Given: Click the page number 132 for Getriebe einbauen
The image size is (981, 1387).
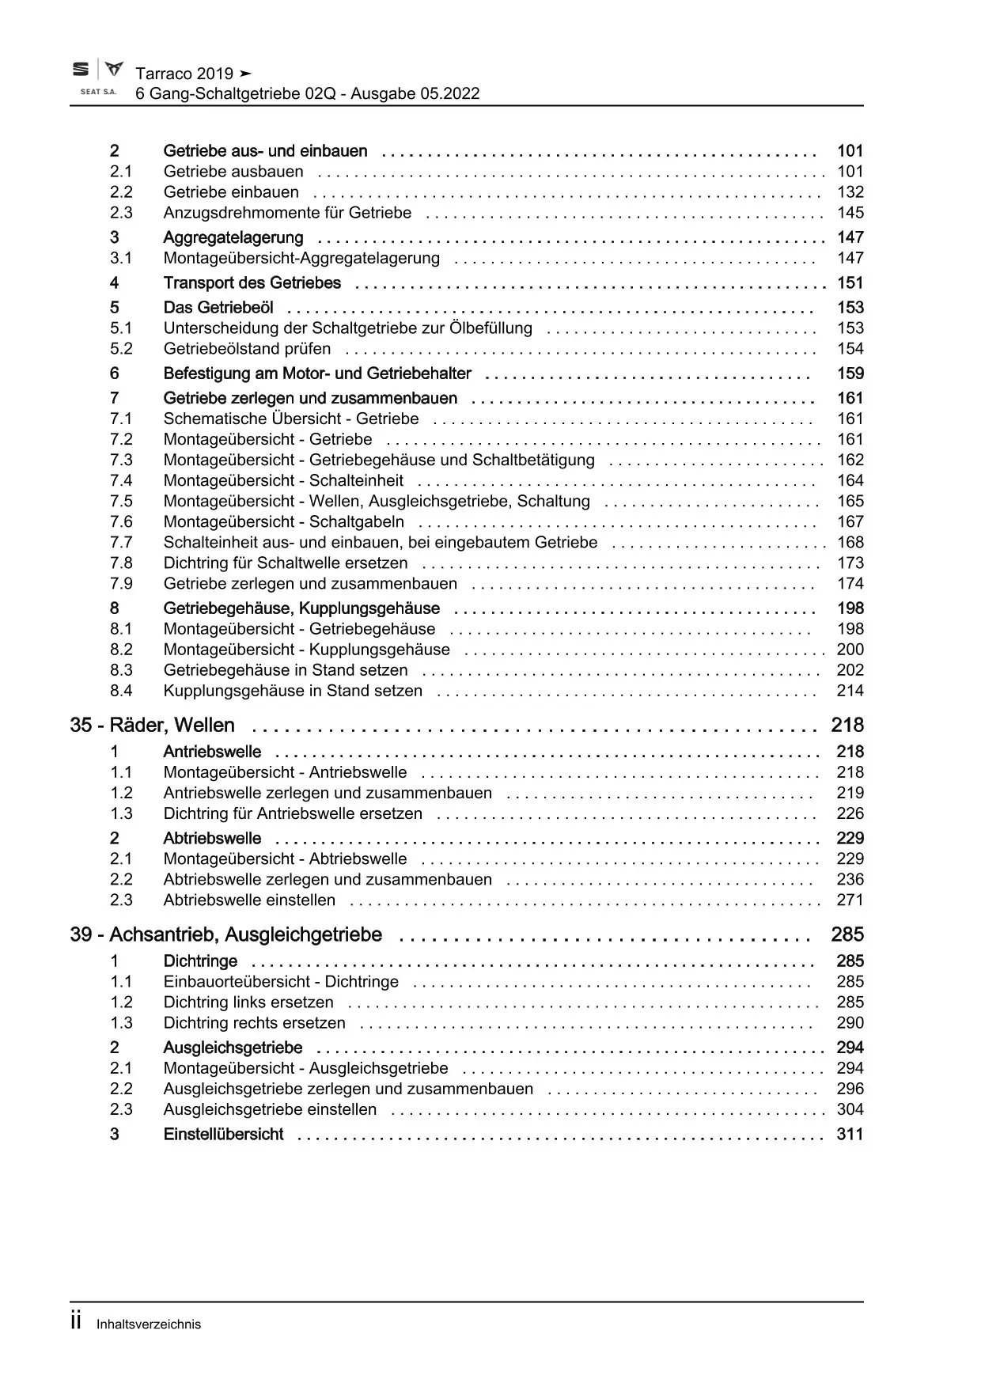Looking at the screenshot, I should (x=850, y=192).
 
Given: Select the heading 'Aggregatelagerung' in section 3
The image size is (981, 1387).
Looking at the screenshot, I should (x=233, y=237).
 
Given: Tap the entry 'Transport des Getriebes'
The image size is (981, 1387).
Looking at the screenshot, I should (x=252, y=283).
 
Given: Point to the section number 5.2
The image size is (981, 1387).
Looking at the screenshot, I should (x=121, y=349).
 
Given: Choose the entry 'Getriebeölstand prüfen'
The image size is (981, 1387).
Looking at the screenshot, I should (x=248, y=349).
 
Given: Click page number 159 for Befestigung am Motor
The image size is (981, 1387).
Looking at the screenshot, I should (x=850, y=373).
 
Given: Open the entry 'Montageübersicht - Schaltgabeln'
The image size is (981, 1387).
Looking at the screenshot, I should (x=284, y=522).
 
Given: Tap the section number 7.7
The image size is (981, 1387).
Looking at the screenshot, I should (x=121, y=543).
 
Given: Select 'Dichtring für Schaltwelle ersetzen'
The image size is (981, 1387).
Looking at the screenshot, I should (x=286, y=563).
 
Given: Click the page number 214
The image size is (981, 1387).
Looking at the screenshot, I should (x=850, y=691).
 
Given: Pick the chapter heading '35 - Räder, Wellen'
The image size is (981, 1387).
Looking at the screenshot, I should (x=153, y=726).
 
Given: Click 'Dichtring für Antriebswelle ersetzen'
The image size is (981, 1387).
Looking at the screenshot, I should (x=293, y=814).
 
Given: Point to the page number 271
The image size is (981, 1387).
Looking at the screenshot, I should (x=850, y=900).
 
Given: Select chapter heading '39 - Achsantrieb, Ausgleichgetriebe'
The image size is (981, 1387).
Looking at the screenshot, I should (x=226, y=935).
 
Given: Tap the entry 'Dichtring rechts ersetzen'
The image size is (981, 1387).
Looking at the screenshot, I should (x=255, y=1023).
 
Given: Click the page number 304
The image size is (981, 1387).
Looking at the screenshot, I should (x=850, y=1110).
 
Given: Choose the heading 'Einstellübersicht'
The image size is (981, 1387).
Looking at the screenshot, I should (x=223, y=1135).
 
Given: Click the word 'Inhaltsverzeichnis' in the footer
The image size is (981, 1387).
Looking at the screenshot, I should (x=149, y=1324).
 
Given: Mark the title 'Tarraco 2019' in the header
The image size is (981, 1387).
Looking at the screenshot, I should (x=184, y=74).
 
